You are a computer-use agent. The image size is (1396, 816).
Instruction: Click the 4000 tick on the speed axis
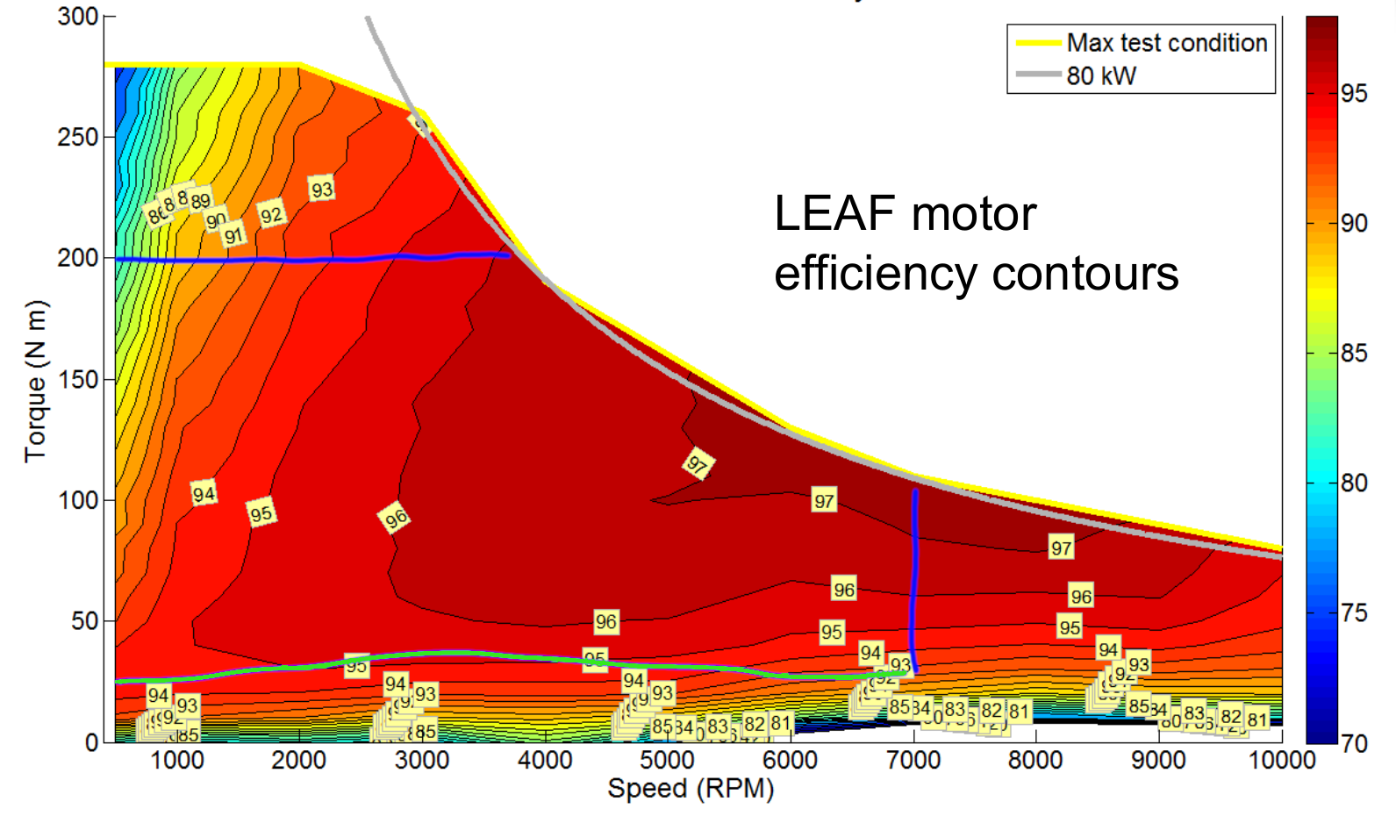coord(545,760)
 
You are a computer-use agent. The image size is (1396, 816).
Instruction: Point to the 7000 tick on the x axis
coord(913,760)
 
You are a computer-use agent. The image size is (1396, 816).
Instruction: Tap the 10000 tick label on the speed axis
coord(1282,760)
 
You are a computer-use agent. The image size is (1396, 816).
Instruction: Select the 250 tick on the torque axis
coord(79,137)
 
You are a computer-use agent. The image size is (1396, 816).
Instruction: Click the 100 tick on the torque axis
coord(79,500)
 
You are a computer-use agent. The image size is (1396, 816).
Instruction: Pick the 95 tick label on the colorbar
coord(1354,94)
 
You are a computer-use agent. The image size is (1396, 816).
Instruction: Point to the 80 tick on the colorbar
coord(1354,483)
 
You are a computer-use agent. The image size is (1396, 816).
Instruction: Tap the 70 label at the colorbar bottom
coord(1354,744)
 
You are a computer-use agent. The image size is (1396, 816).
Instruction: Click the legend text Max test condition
coord(1167,43)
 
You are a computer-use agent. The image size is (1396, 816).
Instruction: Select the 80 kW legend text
coord(1101,76)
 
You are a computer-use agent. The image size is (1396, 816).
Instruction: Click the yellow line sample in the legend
coord(1038,43)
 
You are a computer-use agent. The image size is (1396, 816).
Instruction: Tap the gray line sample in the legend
coord(1038,75)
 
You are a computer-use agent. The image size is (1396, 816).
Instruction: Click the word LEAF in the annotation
coord(834,214)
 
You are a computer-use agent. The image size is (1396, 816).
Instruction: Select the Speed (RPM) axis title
coord(691,789)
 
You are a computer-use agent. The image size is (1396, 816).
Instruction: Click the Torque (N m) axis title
coord(35,381)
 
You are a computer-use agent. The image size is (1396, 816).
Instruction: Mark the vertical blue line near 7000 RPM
coord(914,579)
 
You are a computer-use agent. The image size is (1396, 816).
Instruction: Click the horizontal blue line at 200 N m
coord(307,260)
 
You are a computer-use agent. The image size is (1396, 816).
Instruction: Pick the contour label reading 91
coord(233,235)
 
